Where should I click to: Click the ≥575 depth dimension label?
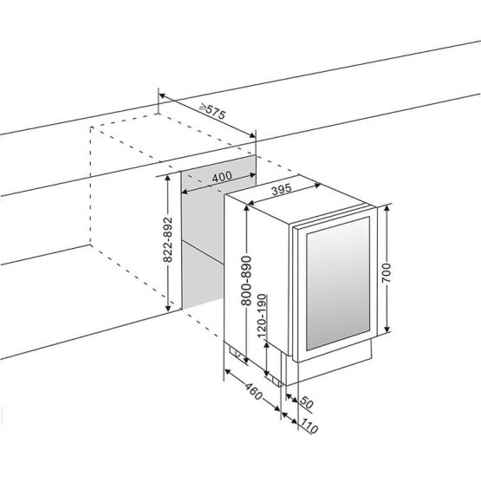pos(212,111)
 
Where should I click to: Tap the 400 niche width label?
pos(222,177)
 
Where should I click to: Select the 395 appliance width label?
pos(281,190)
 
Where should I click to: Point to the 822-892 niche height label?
pos(168,239)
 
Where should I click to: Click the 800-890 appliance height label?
pos(246,281)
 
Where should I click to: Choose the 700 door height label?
pos(387,273)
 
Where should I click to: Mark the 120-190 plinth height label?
pos(262,317)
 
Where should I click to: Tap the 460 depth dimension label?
pos(254,391)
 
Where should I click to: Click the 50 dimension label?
pos(306,402)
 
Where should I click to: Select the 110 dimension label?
pos(309,426)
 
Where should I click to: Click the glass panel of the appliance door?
pos(338,283)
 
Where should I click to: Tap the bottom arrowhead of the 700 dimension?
pos(387,329)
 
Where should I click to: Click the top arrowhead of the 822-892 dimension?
pos(168,178)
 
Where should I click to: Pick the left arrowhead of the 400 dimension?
pos(185,192)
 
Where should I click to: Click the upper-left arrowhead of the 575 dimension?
pos(162,95)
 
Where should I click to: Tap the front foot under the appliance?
pos(276,382)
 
